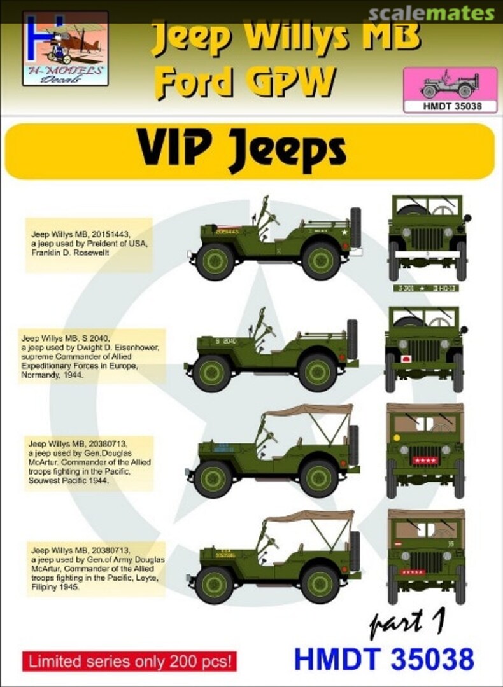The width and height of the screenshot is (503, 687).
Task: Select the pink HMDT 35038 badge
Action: point(450,91)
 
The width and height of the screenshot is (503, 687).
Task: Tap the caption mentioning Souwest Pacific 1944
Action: point(88,462)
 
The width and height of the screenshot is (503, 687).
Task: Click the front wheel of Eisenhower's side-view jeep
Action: point(213,372)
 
